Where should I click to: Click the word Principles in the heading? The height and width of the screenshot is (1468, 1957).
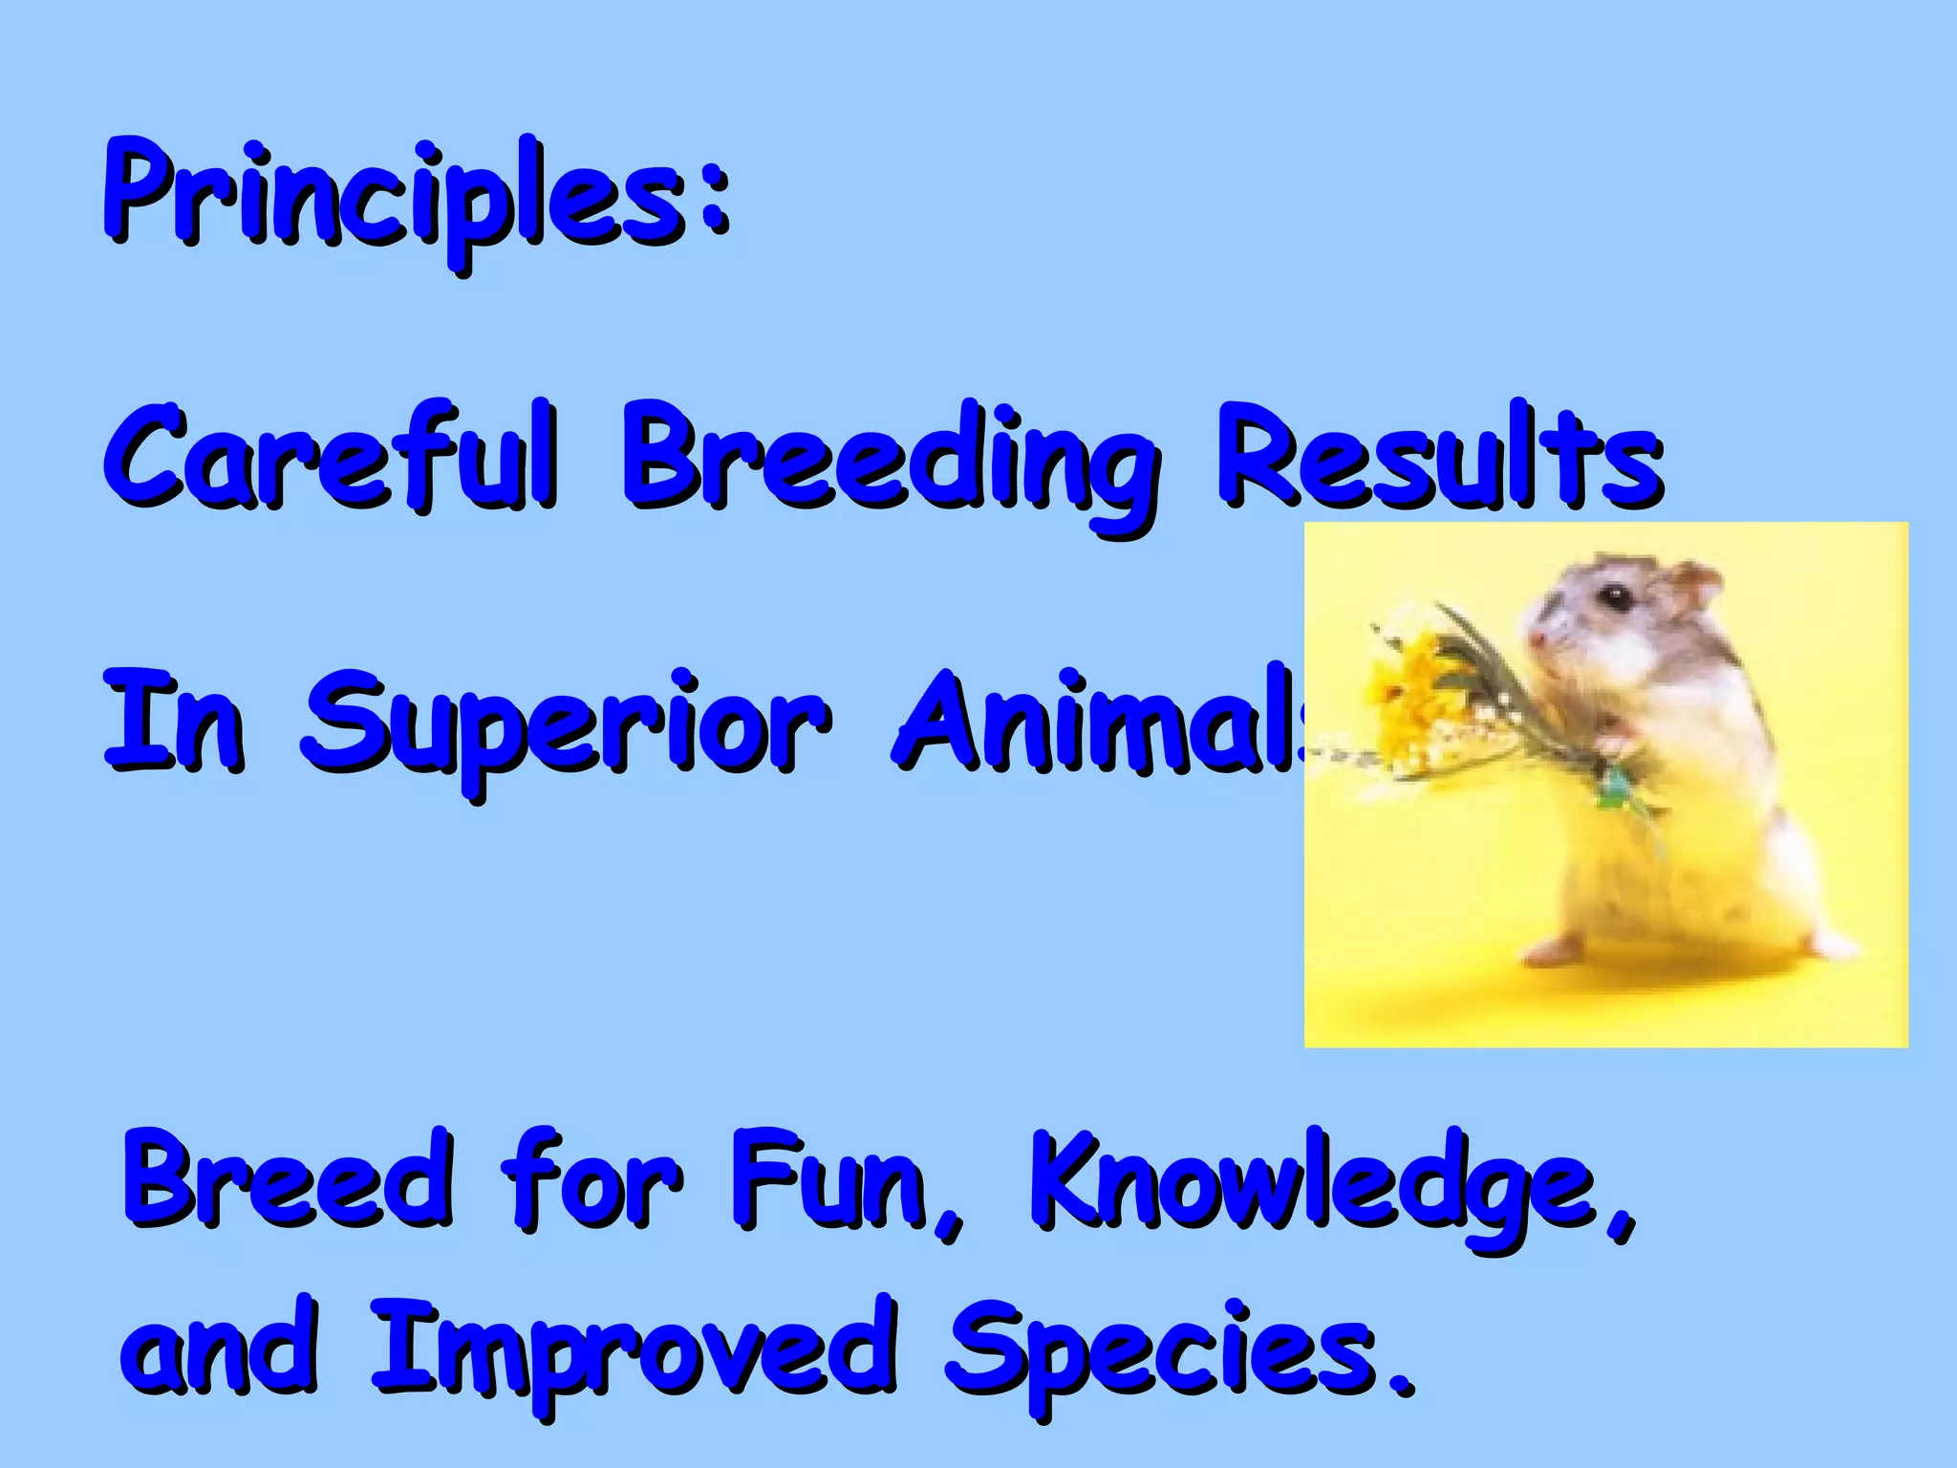(x=392, y=196)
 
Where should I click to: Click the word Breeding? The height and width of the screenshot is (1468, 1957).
(x=889, y=459)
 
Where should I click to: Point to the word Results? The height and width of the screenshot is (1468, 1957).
(x=1438, y=454)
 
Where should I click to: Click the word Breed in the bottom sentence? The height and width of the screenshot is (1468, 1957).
(x=287, y=1180)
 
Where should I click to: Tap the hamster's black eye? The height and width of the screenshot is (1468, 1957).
(x=1617, y=598)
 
